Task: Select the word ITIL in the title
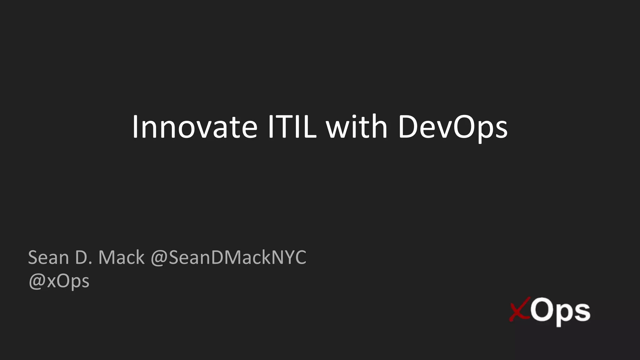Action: point(292,127)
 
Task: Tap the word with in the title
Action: point(357,127)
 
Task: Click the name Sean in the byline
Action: point(48,257)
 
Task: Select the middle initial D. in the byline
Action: point(84,257)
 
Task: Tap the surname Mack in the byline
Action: point(122,257)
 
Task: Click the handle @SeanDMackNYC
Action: point(228,257)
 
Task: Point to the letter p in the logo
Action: point(564,314)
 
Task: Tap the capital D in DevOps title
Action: point(409,127)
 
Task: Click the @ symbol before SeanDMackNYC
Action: point(159,258)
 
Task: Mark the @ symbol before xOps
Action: point(37,281)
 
